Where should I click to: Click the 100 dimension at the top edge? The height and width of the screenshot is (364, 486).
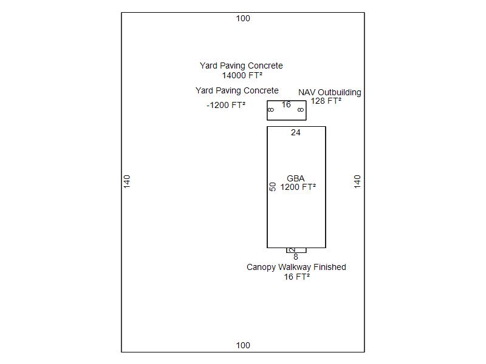pos(243,18)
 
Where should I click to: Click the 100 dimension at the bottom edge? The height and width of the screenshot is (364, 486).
pos(243,345)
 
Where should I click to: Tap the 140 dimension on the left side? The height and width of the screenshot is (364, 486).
pos(127,181)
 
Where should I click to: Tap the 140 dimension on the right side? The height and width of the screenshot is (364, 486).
pos(357,181)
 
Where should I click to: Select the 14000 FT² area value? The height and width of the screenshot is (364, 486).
pos(242,76)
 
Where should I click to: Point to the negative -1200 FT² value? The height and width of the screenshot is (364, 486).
pos(226,105)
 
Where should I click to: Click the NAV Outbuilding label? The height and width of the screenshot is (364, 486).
pos(329,92)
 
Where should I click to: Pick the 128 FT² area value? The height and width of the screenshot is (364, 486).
pos(326,101)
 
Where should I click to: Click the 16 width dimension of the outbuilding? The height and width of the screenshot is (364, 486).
pos(286,105)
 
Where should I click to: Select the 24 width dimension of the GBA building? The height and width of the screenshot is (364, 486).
pos(296,132)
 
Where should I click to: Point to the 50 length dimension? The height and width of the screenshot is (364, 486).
pos(273,187)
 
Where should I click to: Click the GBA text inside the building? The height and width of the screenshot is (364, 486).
pos(296,178)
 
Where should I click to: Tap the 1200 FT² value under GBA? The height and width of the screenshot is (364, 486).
pos(298,187)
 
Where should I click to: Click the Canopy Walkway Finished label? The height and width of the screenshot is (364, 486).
pos(296,267)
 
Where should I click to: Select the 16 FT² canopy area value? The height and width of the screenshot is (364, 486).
pos(296,277)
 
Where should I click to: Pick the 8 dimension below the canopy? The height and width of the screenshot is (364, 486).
pos(296,257)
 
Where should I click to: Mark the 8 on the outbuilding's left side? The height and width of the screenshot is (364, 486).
pos(271,110)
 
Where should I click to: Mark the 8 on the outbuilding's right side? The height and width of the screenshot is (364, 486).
pos(301,110)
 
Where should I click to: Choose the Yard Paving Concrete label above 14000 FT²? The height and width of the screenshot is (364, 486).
pos(241,66)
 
